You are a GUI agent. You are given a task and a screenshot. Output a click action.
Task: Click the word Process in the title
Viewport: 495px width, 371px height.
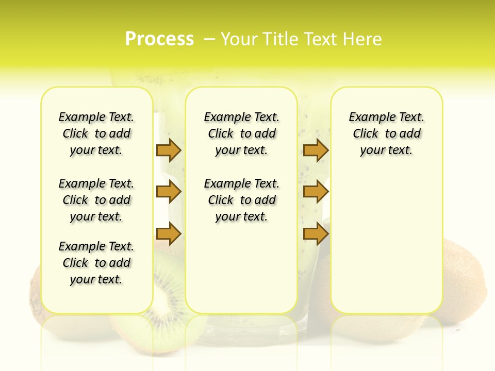click(159, 39)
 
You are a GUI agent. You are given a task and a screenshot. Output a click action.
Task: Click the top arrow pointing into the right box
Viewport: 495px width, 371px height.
click(316, 150)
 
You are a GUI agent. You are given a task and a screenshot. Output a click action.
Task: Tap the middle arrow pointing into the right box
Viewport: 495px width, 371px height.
click(316, 192)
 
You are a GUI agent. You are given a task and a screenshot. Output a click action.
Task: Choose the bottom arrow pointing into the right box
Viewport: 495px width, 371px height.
click(316, 234)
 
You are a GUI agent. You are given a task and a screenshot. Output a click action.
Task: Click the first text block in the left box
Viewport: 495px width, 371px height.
click(96, 133)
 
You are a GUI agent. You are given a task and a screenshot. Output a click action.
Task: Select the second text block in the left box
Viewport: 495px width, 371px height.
click(96, 200)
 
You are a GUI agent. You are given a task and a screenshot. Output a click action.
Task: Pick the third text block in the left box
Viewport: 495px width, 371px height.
click(96, 263)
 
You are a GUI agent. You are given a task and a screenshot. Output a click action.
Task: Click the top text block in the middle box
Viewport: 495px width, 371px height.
click(241, 133)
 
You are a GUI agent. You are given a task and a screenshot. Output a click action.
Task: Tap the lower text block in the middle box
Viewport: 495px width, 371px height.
click(241, 200)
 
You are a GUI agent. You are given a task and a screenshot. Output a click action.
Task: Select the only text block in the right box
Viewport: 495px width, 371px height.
click(386, 133)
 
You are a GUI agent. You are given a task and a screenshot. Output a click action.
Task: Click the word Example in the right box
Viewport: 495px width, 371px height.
click(368, 117)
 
